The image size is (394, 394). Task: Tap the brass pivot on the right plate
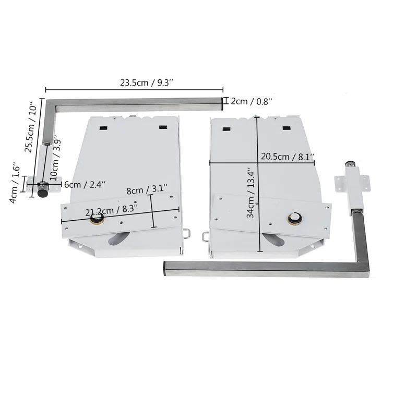pyautogui.click(x=295, y=218)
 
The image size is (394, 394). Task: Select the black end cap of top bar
pyautogui.click(x=222, y=103)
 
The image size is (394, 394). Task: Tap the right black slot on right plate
pyautogui.click(x=286, y=127)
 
